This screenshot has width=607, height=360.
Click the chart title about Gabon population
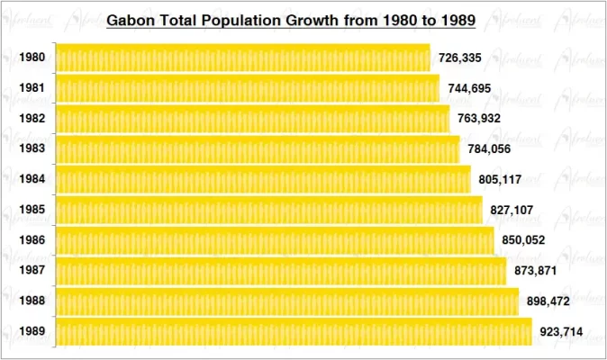291,19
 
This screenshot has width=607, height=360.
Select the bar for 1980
243,58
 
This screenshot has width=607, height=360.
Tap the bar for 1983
258,148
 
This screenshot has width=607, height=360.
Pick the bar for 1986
275,240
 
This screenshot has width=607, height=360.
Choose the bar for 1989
294,331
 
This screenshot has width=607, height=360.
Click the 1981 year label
32,88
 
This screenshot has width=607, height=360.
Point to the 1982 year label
32,118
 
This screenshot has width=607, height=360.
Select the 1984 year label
32,179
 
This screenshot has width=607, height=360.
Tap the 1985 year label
32,210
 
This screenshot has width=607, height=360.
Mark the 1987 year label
32,270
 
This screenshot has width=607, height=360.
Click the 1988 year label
32,301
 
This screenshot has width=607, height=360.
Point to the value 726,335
459,58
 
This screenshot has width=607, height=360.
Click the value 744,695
469,88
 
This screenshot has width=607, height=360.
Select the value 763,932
479,118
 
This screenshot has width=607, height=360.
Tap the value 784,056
490,148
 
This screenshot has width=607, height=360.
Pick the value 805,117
500,179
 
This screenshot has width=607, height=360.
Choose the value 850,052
523,240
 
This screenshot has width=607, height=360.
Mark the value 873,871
536,270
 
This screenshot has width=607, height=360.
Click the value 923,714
561,332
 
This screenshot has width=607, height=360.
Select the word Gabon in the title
131,19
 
